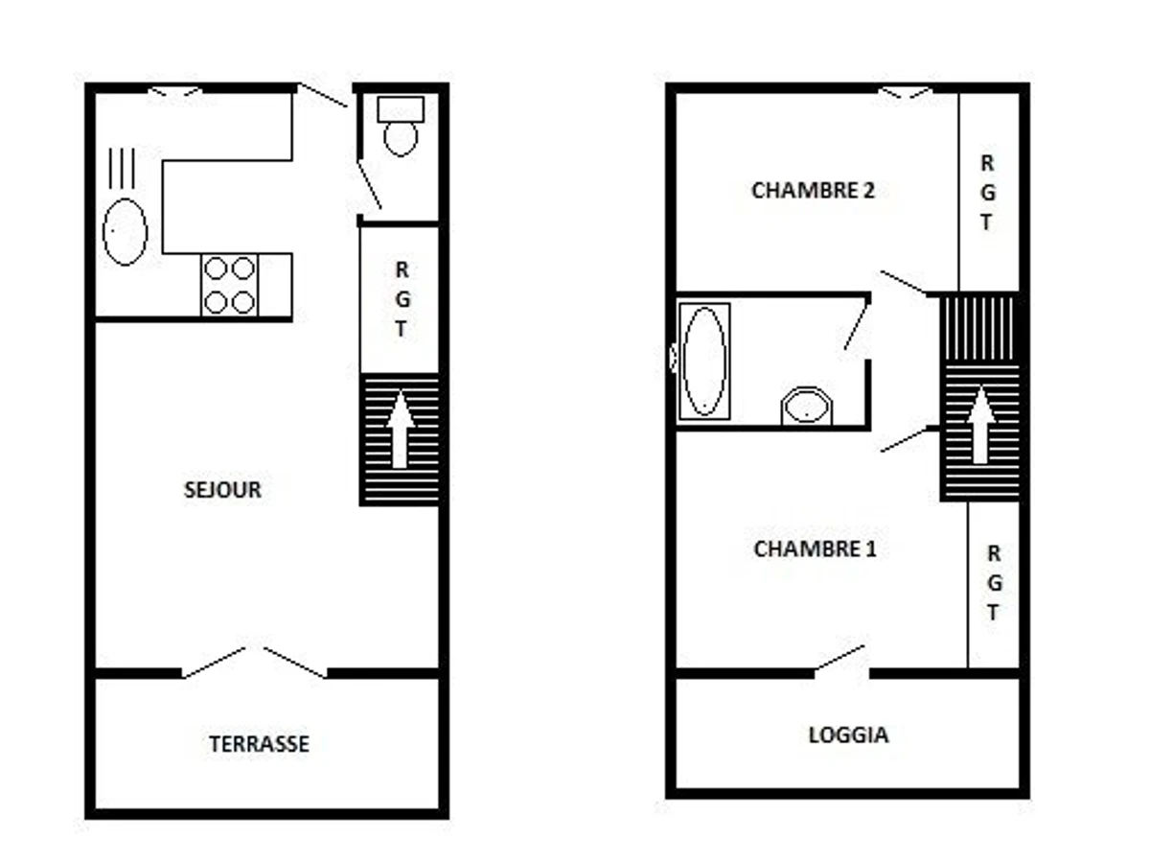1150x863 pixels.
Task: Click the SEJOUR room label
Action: coord(222,489)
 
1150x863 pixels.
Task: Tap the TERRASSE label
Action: coord(260,743)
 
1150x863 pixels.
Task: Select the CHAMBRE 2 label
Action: coord(813,190)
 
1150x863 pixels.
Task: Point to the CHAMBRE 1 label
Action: coord(815,548)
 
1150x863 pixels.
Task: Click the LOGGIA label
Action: coord(849,735)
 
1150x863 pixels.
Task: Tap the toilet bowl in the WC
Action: coord(401,139)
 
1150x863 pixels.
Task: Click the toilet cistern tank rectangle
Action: coord(401,109)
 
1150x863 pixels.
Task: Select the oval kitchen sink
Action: coord(125,232)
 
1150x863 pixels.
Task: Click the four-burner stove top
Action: coord(229,285)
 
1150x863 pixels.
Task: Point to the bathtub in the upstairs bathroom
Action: coord(704,362)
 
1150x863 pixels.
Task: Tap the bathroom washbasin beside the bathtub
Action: coord(807,406)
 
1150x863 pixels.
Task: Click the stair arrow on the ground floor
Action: coord(401,430)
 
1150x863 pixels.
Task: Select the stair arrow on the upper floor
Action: coord(980,425)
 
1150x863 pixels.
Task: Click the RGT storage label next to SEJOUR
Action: coord(402,299)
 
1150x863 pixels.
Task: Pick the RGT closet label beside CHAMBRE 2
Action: coord(988,193)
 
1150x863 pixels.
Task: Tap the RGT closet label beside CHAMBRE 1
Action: coord(994,582)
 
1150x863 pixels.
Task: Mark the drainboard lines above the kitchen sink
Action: coord(122,168)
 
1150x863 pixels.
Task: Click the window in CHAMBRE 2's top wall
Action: coord(906,92)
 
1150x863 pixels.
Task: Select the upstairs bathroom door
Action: coord(857,327)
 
